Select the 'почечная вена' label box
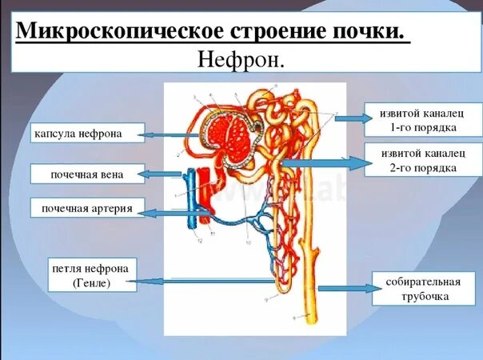pos(88,174)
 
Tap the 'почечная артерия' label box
pos(88,210)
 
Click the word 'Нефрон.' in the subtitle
pos(241,60)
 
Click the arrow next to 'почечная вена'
pos(164,174)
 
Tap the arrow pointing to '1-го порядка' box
pos(349,119)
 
